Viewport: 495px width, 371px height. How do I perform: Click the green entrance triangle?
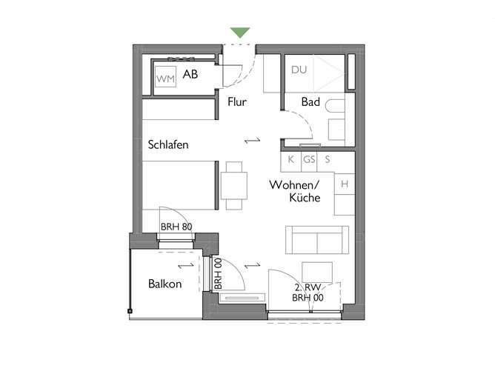pos(239,33)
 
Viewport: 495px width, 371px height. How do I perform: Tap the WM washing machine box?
pos(165,76)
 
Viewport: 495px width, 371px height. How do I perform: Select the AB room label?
pos(190,75)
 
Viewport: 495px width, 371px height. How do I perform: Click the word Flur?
pos(237,102)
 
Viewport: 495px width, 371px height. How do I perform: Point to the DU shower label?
pos(299,71)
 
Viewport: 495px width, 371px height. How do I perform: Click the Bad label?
pos(310,102)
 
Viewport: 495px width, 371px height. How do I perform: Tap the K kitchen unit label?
pos(290,159)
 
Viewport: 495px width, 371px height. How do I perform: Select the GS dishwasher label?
pos(308,159)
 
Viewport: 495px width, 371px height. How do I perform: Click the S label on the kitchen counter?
pos(327,159)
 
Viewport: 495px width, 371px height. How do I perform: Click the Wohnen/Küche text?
pos(294,191)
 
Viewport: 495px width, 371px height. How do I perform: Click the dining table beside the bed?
pos(234,185)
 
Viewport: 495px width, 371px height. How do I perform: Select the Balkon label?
pos(165,284)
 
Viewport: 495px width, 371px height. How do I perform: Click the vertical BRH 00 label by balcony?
pos(218,274)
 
